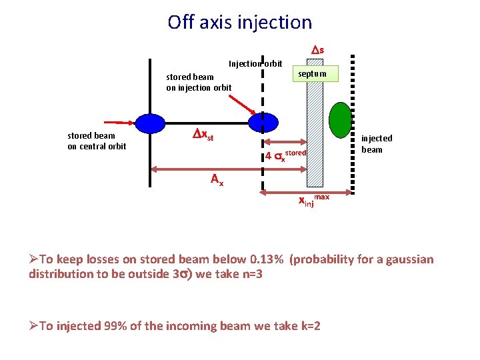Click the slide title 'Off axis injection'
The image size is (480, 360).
tap(239, 22)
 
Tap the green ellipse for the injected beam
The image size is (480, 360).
tap(341, 121)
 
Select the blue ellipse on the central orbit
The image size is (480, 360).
tap(150, 123)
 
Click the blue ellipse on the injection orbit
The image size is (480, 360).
tap(262, 122)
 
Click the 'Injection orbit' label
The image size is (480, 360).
tap(255, 64)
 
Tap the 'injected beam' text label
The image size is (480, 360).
tap(377, 144)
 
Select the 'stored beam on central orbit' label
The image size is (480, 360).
tap(97, 141)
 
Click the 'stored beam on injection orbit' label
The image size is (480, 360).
tap(199, 82)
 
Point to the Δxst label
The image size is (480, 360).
tap(203, 136)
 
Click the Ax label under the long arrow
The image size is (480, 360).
tap(217, 179)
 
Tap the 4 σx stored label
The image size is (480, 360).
tap(285, 156)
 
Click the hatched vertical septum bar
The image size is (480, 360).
tap(315, 133)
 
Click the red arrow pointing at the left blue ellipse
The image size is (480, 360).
tap(120, 123)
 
